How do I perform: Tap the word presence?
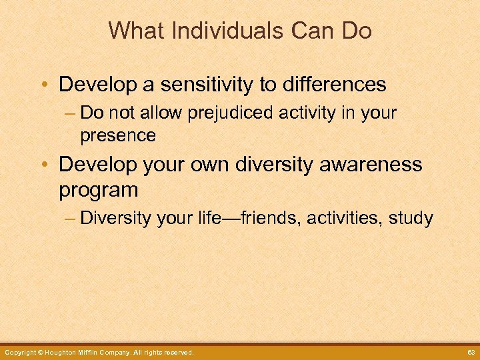click(x=118, y=135)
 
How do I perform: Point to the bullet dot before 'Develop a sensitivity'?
click(x=45, y=85)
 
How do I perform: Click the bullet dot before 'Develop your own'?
click(x=45, y=165)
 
